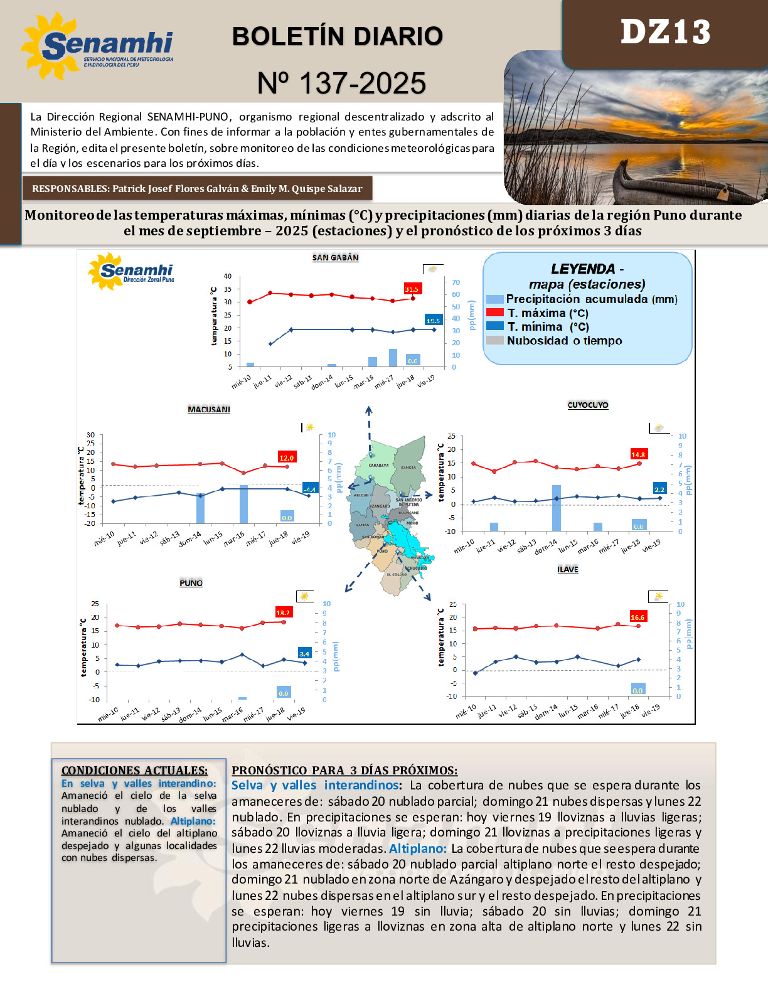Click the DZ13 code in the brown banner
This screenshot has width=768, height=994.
coord(665,33)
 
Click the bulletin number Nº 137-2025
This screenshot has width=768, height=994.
coord(342,83)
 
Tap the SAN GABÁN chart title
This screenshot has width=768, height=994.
coord(336,258)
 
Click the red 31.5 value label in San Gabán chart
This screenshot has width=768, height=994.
coord(412,289)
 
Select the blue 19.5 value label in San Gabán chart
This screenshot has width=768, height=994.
coord(433,321)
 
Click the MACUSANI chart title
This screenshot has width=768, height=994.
coord(209,410)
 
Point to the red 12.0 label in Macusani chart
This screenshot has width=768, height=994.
coord(287,457)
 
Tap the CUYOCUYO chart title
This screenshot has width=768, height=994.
coord(588,405)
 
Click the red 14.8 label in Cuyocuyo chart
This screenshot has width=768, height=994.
coord(638,454)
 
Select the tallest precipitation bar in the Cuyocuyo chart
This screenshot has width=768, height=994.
coord(557,508)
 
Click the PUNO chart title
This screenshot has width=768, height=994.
coord(191,584)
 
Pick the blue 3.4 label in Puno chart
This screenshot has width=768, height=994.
coord(304,653)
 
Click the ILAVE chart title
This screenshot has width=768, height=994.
coord(568,570)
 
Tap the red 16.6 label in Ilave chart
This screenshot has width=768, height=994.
coord(637,617)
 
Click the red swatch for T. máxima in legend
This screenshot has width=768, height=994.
coord(495,313)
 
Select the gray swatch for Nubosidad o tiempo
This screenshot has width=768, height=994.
coord(495,340)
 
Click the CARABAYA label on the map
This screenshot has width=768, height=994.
coord(378,466)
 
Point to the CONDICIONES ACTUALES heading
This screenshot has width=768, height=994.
coord(134,771)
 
